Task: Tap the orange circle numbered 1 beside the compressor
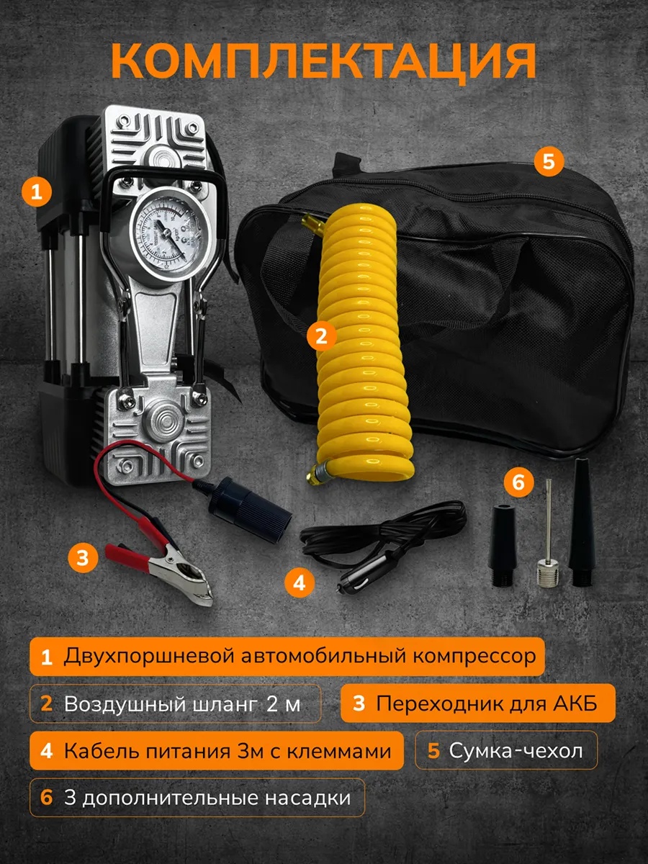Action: (37, 192)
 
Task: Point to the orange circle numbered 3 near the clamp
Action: (83, 557)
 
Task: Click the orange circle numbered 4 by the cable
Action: (300, 582)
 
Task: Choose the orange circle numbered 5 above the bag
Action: (549, 162)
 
